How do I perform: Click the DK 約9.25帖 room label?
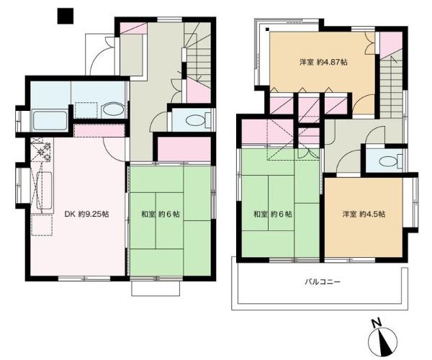pos(86,214)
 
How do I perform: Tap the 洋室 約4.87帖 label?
pos(323,62)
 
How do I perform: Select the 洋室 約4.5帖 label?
pos(364,214)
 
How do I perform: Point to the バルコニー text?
pos(323,282)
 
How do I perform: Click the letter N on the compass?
pos(377,323)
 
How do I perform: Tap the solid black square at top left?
pos(66,16)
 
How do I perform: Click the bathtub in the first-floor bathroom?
pos(50,120)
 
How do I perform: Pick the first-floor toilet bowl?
pos(195,120)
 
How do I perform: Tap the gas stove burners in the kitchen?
pos(42,150)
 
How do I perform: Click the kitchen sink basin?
pos(45,190)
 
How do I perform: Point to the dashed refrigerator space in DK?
pos(42,225)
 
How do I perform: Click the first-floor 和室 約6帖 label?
pos(161,214)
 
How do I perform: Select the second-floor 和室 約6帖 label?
pos(272,214)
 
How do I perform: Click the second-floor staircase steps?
pos(391,87)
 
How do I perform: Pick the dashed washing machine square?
pos(86,110)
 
